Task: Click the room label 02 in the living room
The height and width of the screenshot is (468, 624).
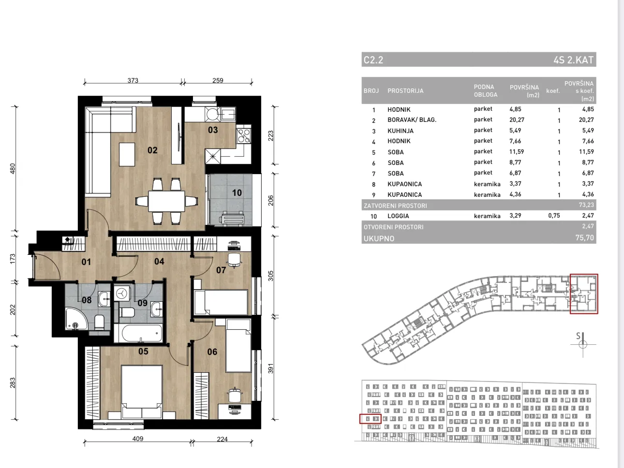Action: tap(152, 150)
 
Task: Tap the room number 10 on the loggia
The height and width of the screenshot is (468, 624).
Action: tap(237, 193)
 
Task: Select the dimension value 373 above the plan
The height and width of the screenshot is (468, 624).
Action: tap(133, 80)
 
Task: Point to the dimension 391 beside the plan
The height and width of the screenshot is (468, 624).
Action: tap(270, 368)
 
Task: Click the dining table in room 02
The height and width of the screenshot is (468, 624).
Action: tap(166, 201)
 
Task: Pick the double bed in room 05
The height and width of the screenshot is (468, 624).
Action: tap(142, 392)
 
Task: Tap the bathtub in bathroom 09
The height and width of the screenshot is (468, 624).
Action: tap(138, 333)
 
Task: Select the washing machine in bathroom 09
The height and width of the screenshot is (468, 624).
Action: tap(122, 293)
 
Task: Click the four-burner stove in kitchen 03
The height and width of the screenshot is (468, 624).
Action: tap(244, 135)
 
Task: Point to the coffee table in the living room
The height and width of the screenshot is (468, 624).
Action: tap(127, 154)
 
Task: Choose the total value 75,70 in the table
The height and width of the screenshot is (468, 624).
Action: tap(585, 237)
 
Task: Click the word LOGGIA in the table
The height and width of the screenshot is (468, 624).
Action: tap(398, 216)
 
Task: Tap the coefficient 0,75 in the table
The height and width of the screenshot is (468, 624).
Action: tap(554, 216)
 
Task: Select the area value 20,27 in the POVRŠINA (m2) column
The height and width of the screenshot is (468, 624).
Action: tap(517, 119)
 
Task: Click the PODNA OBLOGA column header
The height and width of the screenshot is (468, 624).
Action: tap(486, 90)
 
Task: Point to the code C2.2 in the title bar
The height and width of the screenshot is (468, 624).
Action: tap(373, 60)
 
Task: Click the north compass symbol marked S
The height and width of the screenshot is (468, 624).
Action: tap(583, 344)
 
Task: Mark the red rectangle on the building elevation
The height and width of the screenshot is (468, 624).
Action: tap(371, 419)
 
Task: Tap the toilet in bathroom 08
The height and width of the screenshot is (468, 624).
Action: tap(99, 322)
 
